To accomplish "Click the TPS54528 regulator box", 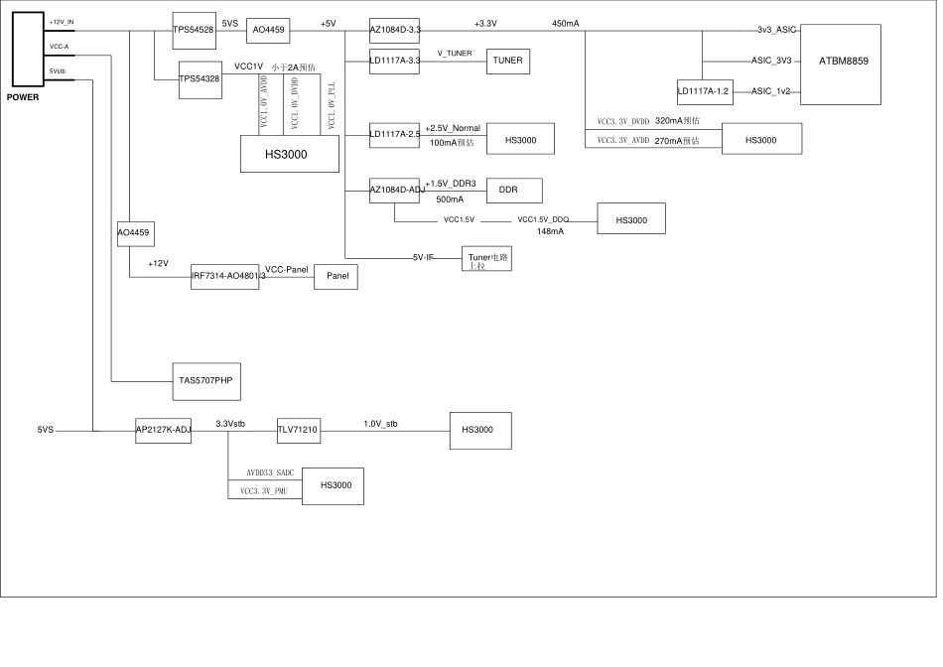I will pos(194,31).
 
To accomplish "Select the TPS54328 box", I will pos(201,79).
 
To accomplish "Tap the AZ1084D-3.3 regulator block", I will pos(394,31).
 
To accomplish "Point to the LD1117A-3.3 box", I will pos(394,61).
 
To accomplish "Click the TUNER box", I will pos(507,61).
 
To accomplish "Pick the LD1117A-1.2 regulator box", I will pos(704,91).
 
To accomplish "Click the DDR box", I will pos(507,190).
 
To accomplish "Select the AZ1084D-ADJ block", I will pos(394,191).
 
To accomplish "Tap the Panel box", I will pos(336,278).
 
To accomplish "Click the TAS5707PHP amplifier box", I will pos(206,379).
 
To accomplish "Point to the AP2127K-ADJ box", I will pos(163,430).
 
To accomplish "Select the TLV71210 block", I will pos(298,430).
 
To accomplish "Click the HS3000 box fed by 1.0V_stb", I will pos(480,429).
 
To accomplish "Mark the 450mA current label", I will pos(566,23).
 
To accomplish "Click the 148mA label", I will pos(550,231).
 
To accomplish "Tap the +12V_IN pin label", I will pos(62,22).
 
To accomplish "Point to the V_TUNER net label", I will pos(455,53).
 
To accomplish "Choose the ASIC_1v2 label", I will pos(771,91).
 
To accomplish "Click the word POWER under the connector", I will pos(23,97).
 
